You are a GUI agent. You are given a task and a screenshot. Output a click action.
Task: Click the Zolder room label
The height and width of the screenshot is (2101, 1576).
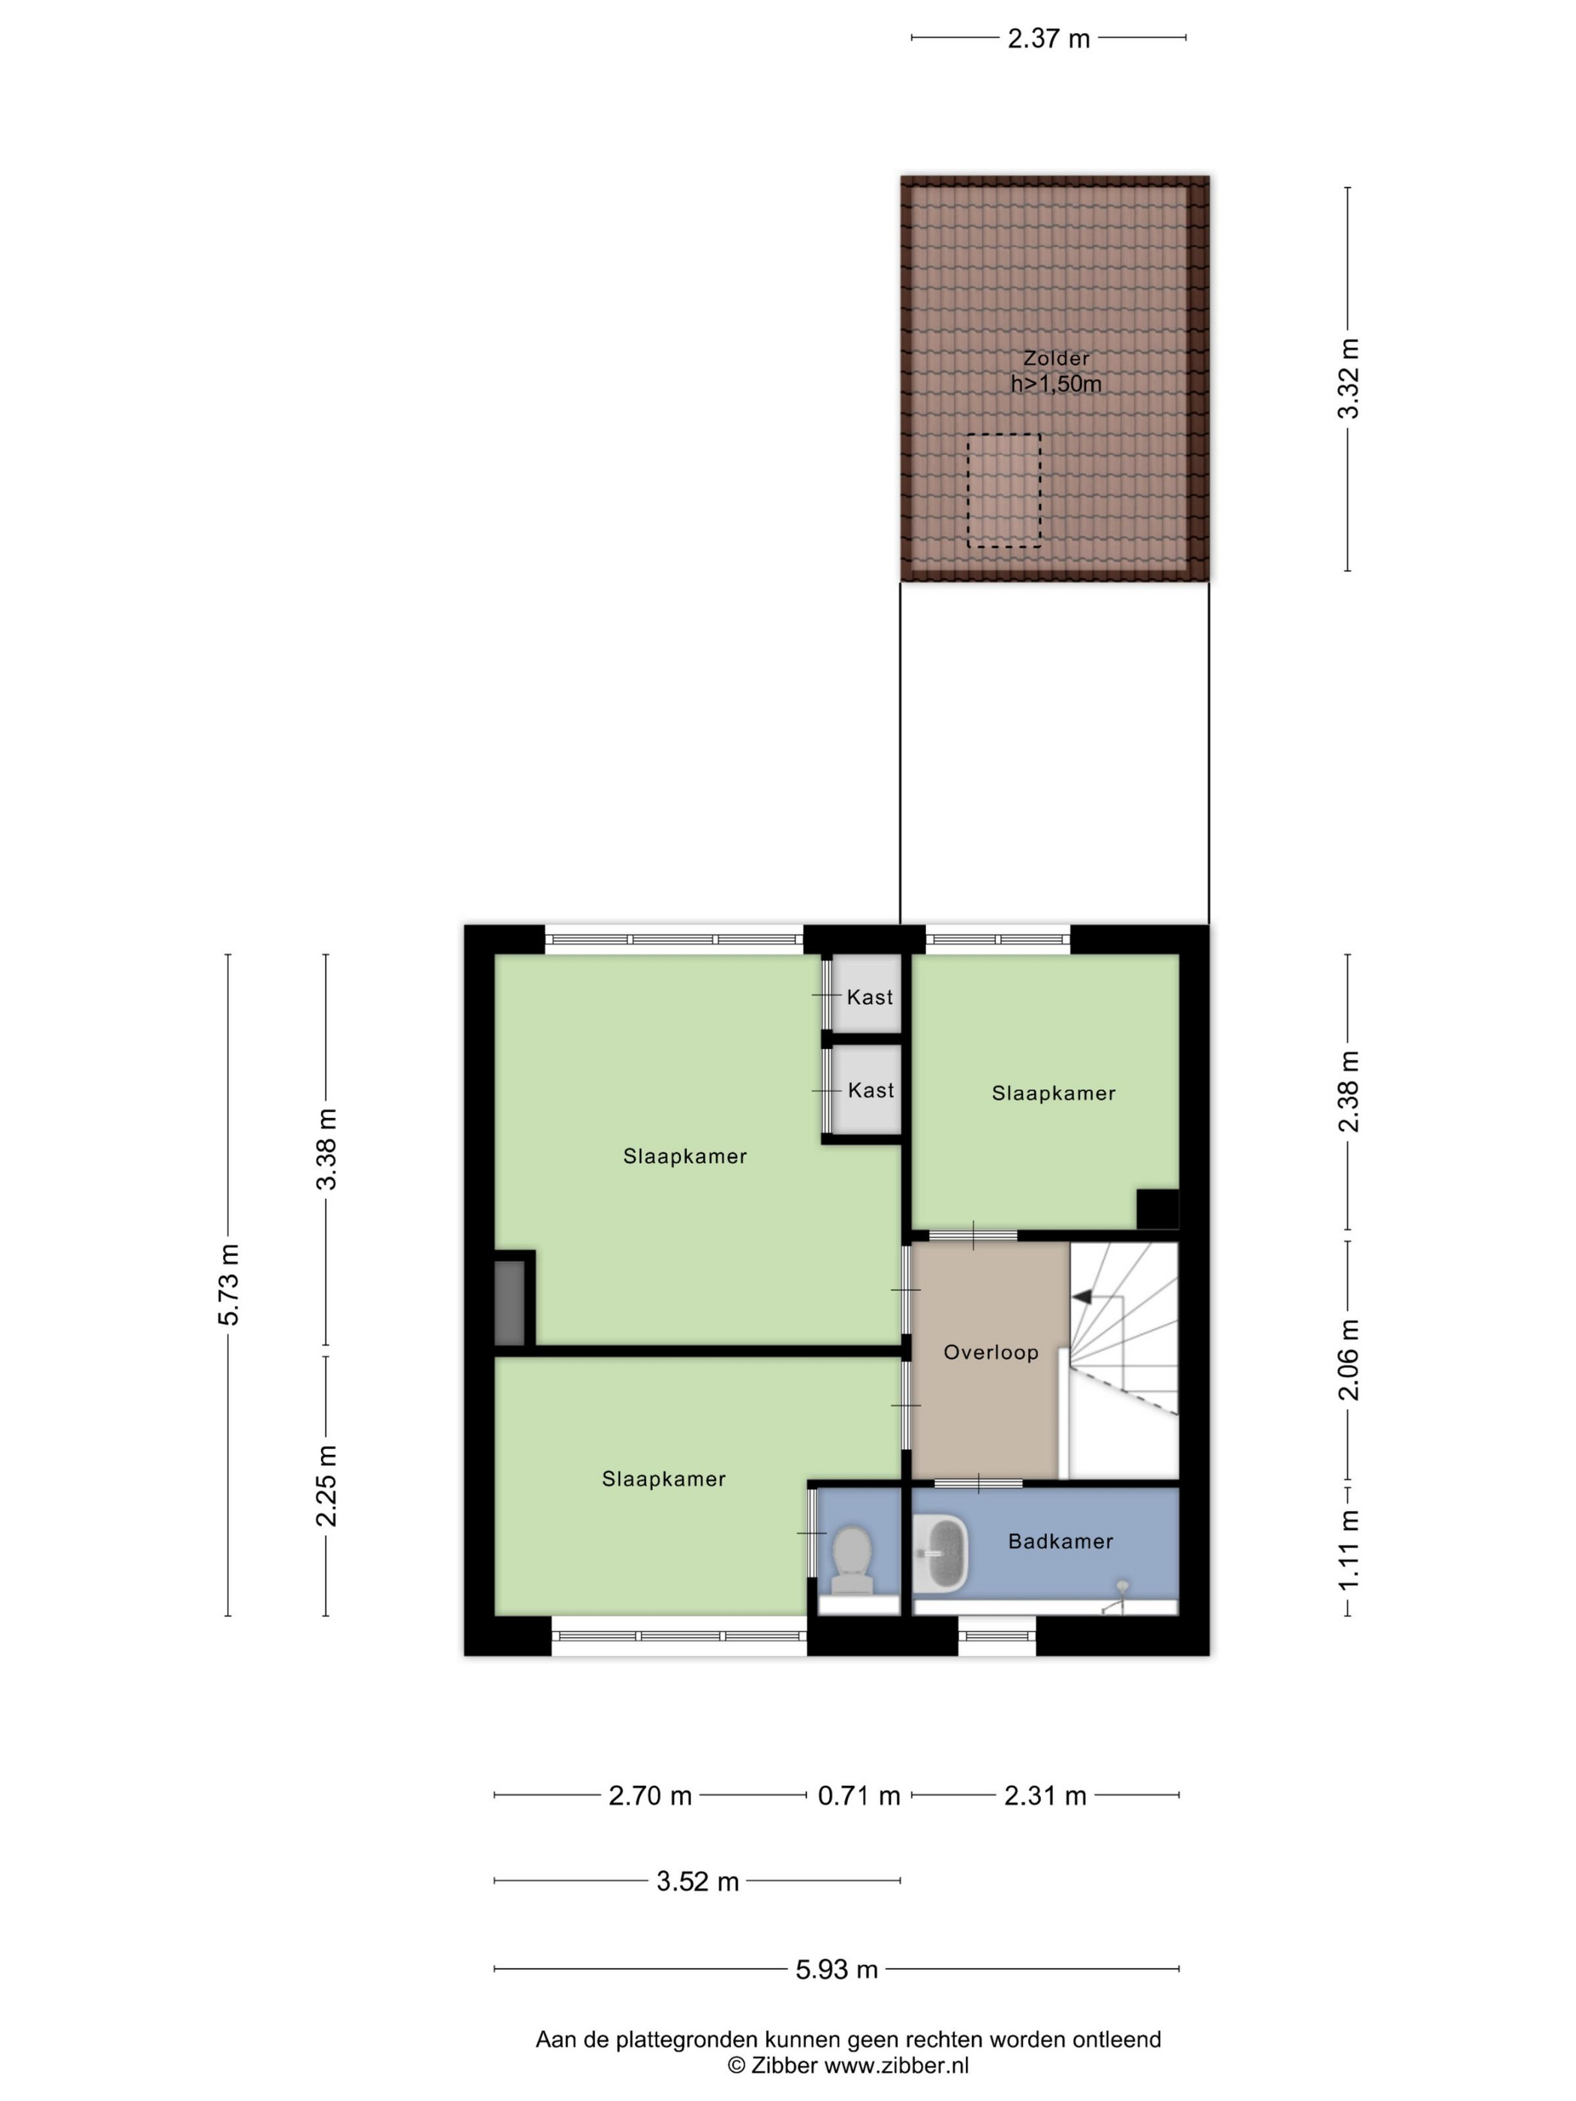(1055, 358)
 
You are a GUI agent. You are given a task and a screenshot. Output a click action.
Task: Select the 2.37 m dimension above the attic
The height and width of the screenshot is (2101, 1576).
(1048, 39)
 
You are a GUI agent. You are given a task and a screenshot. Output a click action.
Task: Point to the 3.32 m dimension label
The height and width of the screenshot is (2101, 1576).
(1348, 378)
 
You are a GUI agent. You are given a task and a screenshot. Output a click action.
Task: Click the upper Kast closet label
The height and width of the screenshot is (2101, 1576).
(870, 996)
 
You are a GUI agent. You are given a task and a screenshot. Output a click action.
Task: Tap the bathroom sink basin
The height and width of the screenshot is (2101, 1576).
(940, 1552)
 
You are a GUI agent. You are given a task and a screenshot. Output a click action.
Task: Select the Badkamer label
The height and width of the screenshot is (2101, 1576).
(1060, 1541)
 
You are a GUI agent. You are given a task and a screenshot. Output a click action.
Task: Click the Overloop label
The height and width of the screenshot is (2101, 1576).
(991, 1353)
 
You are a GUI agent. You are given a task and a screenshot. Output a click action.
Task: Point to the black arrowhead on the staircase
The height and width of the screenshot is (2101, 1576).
(1081, 1296)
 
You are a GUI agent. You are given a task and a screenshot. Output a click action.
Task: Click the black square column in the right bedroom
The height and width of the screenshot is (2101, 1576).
(1158, 1209)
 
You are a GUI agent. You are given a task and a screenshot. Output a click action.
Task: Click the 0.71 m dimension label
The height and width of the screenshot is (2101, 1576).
(859, 1796)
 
